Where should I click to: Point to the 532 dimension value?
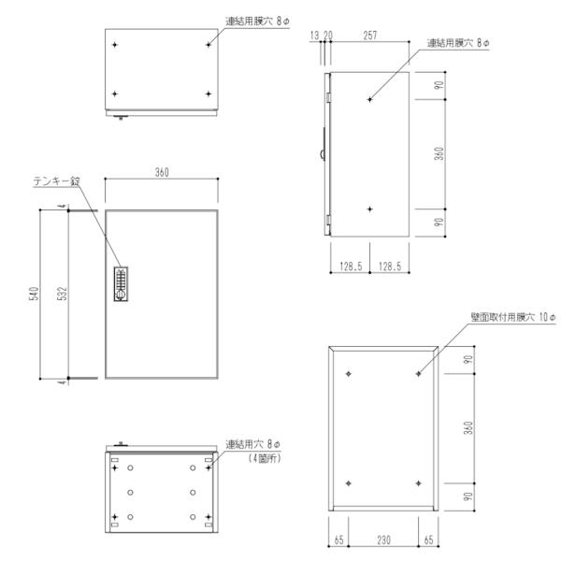point(61,294)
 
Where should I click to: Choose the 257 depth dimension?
point(370,36)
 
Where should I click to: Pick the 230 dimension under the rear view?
point(383,539)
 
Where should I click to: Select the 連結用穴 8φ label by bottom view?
point(255,445)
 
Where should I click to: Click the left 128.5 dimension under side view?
point(351,267)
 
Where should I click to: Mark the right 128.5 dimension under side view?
point(390,267)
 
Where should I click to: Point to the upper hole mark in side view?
point(370,99)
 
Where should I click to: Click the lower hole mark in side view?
point(370,209)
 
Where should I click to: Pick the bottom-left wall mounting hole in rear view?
point(348,482)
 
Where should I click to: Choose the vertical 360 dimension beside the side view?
point(438,153)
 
